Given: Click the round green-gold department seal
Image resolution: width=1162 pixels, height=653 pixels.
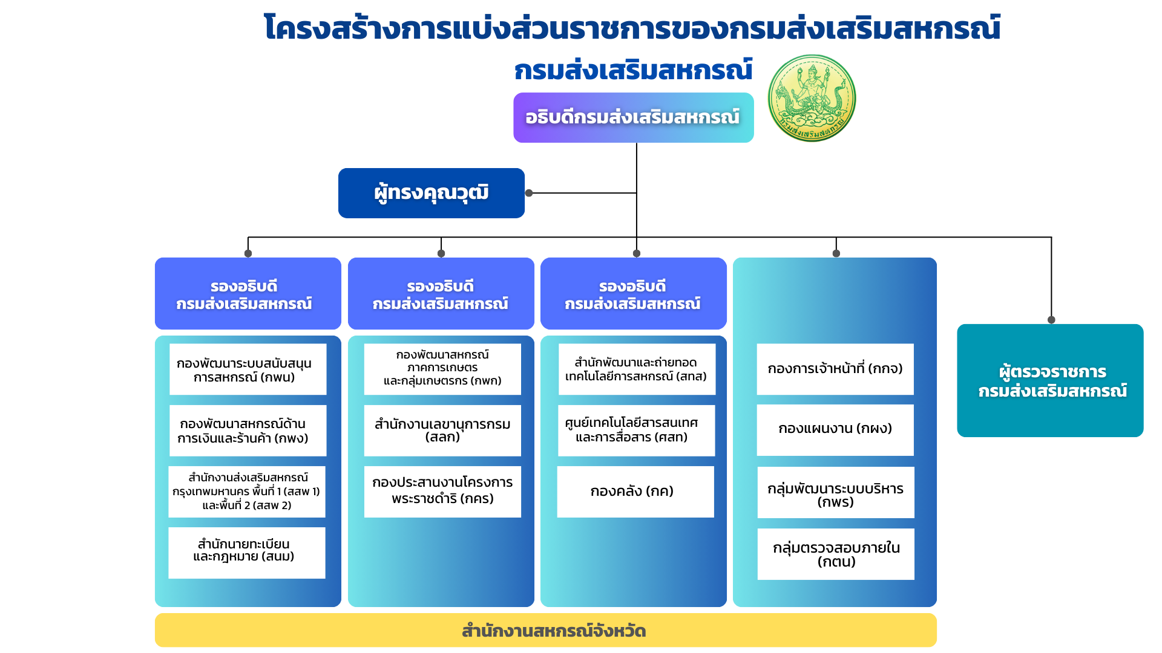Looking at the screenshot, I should click(812, 98).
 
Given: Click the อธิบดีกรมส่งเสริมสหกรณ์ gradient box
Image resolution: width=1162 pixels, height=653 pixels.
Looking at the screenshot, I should click(633, 117).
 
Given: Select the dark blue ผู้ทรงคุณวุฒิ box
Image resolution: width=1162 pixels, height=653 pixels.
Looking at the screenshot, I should click(431, 193).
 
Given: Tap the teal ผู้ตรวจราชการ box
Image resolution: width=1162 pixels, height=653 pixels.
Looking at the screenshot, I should click(1050, 380).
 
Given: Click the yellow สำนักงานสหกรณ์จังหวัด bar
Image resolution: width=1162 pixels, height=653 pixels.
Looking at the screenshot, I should click(545, 630).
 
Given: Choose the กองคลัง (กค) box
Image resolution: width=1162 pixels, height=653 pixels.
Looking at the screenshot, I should click(635, 492).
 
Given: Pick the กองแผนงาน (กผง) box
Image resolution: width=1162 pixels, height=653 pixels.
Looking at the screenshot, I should click(835, 429).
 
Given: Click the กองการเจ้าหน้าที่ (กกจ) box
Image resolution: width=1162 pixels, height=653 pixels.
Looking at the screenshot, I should click(835, 369).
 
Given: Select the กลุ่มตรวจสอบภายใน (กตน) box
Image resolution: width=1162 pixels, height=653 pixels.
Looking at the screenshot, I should click(835, 554).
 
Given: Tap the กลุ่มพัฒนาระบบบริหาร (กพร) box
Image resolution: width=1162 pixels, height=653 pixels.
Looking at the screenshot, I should click(835, 492).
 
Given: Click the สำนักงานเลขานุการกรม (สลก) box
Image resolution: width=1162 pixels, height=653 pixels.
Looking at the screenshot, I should click(442, 430).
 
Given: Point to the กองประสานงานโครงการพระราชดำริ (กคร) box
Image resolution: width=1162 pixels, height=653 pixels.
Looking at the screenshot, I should click(442, 491).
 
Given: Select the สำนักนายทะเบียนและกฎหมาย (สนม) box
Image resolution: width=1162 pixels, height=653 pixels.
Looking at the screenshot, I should click(246, 553).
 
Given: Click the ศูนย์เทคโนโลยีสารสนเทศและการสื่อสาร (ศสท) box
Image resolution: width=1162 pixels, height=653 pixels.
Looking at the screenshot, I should click(635, 430).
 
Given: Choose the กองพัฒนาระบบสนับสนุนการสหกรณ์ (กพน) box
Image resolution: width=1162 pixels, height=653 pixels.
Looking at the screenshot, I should click(248, 369).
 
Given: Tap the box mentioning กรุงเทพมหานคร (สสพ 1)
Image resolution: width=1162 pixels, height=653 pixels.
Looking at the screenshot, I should click(246, 491).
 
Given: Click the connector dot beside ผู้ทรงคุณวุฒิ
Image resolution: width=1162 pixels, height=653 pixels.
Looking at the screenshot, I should click(529, 193).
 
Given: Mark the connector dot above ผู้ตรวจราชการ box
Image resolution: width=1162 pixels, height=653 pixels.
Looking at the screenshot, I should click(1051, 320).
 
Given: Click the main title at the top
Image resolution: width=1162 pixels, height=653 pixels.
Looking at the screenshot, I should click(632, 28).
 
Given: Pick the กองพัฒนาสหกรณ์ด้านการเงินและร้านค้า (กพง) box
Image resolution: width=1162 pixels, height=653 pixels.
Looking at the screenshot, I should click(248, 430).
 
